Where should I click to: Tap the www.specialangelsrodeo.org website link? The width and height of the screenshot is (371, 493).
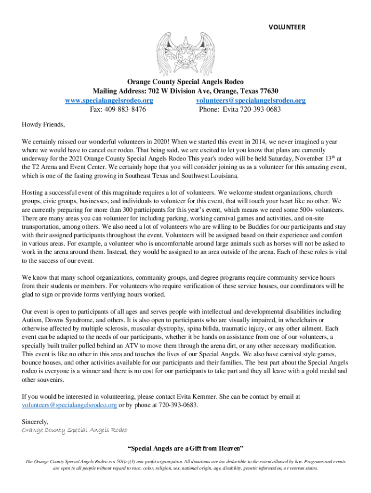109,101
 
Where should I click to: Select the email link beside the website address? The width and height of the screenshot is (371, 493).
251,101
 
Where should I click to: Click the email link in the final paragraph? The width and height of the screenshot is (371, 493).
69,405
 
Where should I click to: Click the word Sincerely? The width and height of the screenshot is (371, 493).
35,422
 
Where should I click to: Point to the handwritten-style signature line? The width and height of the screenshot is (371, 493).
75,430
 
